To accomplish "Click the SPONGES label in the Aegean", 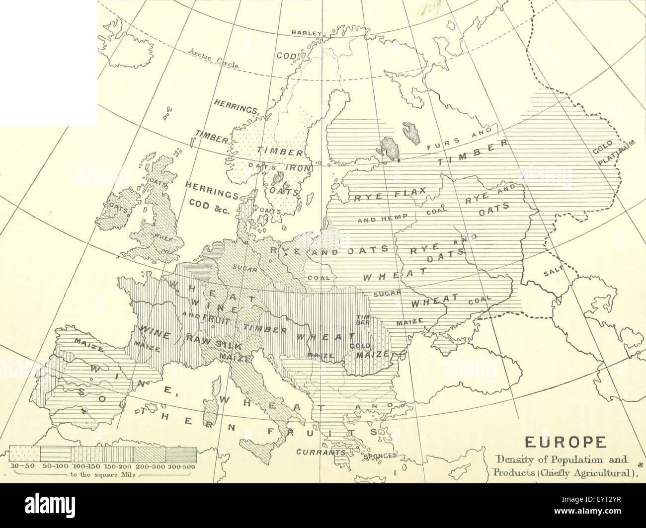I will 379,455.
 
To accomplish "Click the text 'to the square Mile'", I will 103,475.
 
